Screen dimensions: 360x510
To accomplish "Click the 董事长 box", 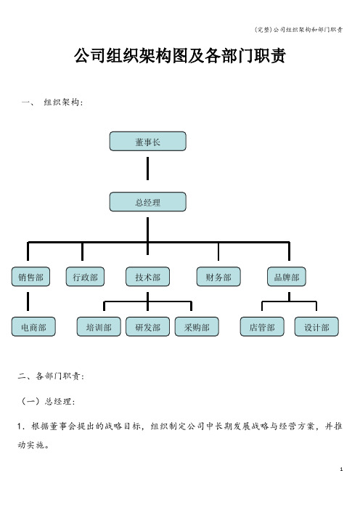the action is click(148, 141).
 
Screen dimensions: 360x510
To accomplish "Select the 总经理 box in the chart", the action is click(148, 202).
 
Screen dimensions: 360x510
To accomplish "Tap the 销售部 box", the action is click(30, 277).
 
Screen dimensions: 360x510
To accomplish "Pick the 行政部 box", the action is click(85, 277).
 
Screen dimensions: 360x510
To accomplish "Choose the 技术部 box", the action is click(148, 277).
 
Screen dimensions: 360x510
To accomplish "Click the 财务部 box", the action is click(218, 277).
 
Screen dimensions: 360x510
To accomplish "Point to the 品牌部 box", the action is click(287, 277).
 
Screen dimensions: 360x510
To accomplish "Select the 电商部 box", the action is click(33, 327).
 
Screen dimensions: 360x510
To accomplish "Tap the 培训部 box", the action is click(99, 327).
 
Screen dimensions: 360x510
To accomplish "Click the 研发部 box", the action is click(148, 327).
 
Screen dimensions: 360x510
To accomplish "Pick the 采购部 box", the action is click(197, 327).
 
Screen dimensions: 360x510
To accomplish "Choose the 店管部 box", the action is click(262, 327).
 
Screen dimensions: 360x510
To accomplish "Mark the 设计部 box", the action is click(316, 327).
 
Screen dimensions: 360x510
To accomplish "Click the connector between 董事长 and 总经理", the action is click(148, 169).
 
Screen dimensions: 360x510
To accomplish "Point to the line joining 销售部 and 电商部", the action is click(28, 301).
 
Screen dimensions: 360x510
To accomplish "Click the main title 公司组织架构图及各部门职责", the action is click(180, 56).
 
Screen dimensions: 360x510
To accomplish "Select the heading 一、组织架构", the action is click(53, 102).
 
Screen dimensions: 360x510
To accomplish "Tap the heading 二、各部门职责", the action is click(51, 376).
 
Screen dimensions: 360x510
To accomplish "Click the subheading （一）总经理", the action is click(48, 401).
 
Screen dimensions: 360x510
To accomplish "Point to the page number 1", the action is click(341, 469).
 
